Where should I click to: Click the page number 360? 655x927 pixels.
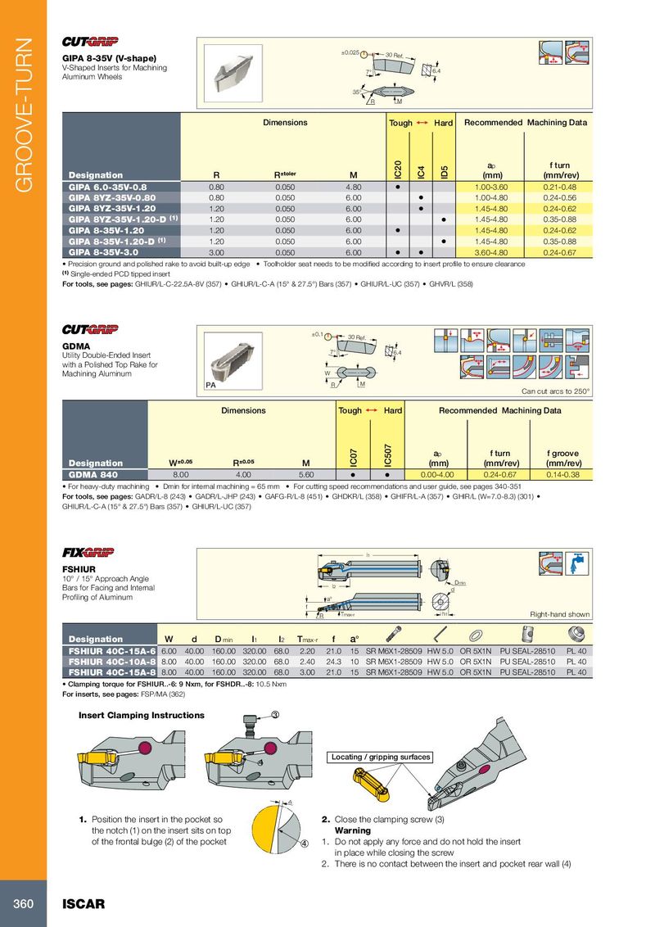pyautogui.click(x=22, y=904)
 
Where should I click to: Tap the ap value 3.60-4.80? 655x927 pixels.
pyautogui.click(x=493, y=253)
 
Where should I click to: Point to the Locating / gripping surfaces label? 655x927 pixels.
pyautogui.click(x=381, y=757)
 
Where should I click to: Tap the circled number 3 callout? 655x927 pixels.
pyautogui.click(x=276, y=715)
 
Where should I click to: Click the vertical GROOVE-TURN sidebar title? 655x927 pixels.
pyautogui.click(x=23, y=115)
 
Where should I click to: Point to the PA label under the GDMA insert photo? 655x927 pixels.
pyautogui.click(x=211, y=385)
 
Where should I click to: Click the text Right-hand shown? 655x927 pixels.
pyautogui.click(x=560, y=614)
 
